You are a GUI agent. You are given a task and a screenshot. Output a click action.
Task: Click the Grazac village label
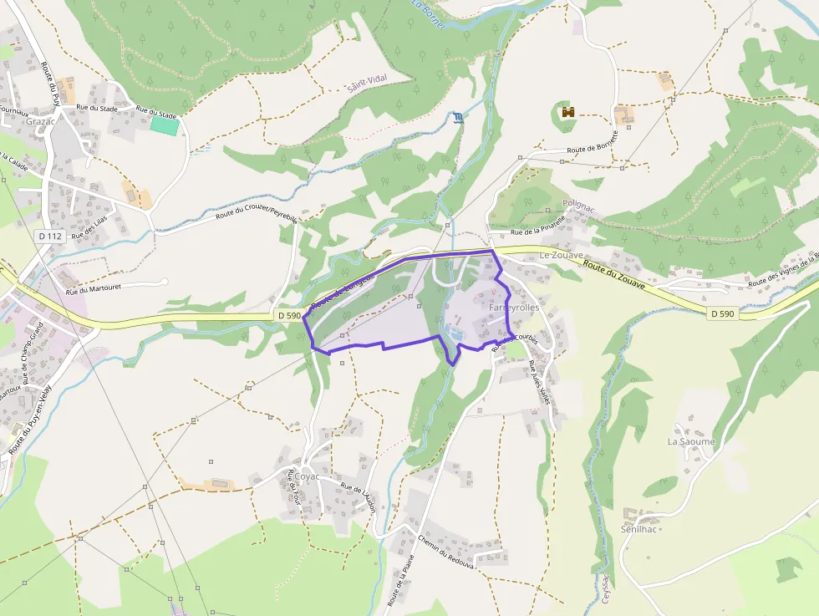(x=40, y=121)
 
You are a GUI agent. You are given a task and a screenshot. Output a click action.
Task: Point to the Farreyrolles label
(x=513, y=308)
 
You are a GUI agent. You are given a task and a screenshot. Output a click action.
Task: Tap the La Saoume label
(x=691, y=441)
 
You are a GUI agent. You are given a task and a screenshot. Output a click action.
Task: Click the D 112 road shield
(x=50, y=237)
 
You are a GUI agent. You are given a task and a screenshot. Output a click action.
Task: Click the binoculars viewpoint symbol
(x=569, y=111)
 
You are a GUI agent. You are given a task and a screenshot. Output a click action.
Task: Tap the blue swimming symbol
(x=457, y=117)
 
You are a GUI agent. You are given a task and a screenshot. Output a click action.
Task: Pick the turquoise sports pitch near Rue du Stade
(x=165, y=125)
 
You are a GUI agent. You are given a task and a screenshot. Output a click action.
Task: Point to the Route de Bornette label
(x=593, y=142)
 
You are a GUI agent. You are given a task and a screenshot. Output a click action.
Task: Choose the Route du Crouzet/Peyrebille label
(x=257, y=207)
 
